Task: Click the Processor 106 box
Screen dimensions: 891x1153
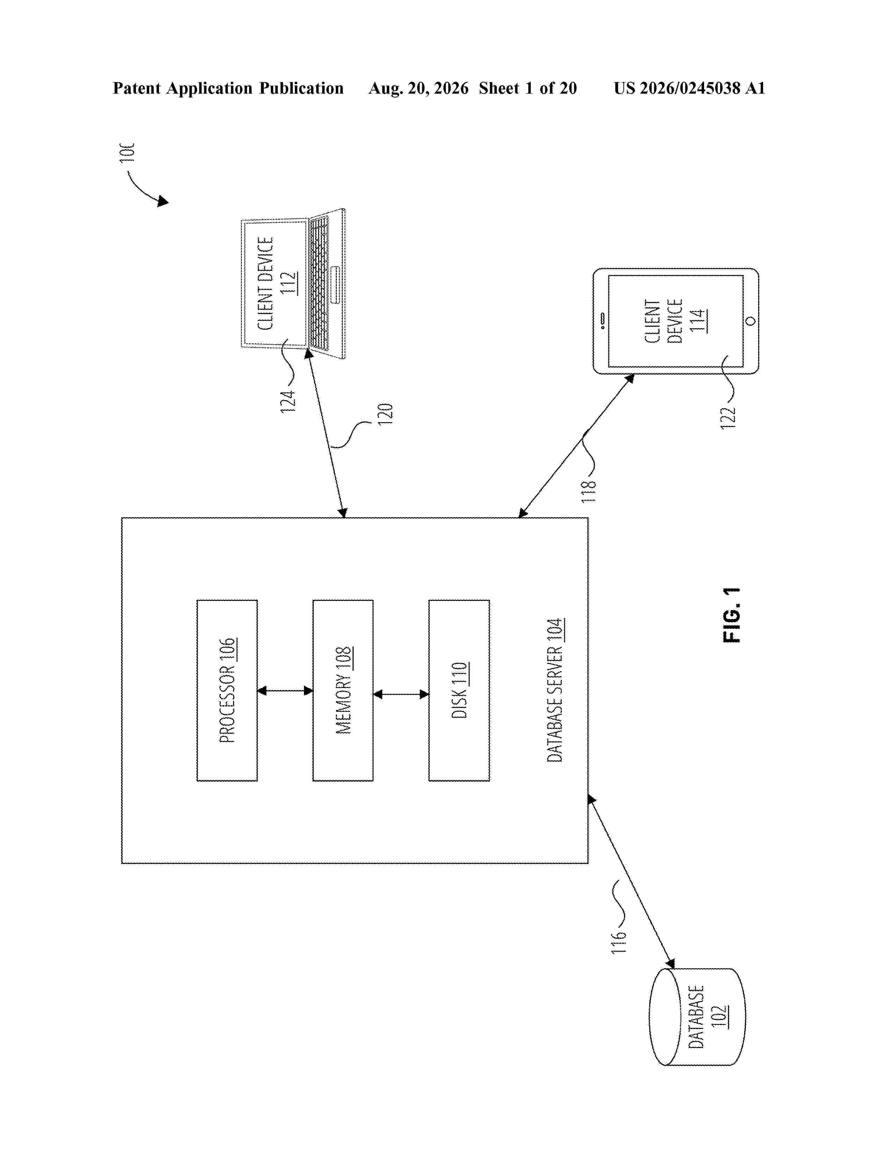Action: pyautogui.click(x=227, y=690)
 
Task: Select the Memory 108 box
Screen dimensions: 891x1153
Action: pyautogui.click(x=343, y=690)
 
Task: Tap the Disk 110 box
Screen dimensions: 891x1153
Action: pyautogui.click(x=459, y=690)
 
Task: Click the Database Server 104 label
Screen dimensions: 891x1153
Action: pyautogui.click(x=555, y=690)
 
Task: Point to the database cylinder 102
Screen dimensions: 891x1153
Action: pyautogui.click(x=697, y=1016)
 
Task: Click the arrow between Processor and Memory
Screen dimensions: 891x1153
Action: pyautogui.click(x=285, y=690)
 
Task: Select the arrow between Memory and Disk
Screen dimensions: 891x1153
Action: pyautogui.click(x=401, y=694)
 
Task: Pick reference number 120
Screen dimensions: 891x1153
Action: pyautogui.click(x=385, y=414)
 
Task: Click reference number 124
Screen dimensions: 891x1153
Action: pyautogui.click(x=288, y=401)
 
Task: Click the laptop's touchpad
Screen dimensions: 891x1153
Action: pyautogui.click(x=335, y=285)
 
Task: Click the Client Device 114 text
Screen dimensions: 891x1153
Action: pyautogui.click(x=675, y=321)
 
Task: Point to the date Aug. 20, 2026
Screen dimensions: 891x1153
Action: pyautogui.click(x=418, y=88)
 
